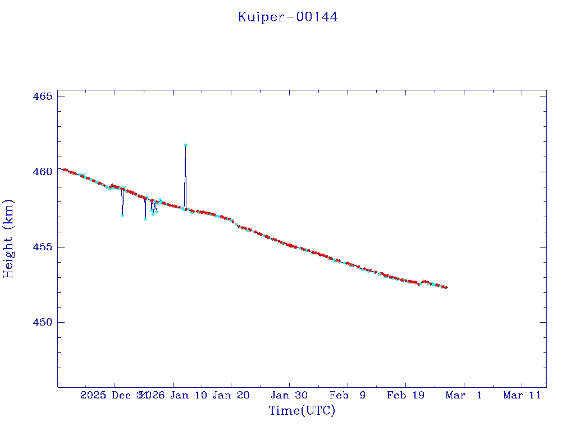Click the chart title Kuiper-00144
[x=287, y=17]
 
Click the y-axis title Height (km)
[x=8, y=239]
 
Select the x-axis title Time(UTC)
[x=302, y=411]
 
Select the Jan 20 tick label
[x=231, y=395]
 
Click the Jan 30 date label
[x=289, y=395]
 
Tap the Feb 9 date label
[x=347, y=395]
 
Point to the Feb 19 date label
[x=405, y=395]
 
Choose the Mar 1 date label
[x=464, y=395]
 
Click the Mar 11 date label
[x=522, y=395]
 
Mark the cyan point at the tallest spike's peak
[x=185, y=145]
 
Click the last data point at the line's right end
[x=446, y=287]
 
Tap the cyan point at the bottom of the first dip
[x=122, y=215]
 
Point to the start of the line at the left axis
[x=58, y=168]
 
